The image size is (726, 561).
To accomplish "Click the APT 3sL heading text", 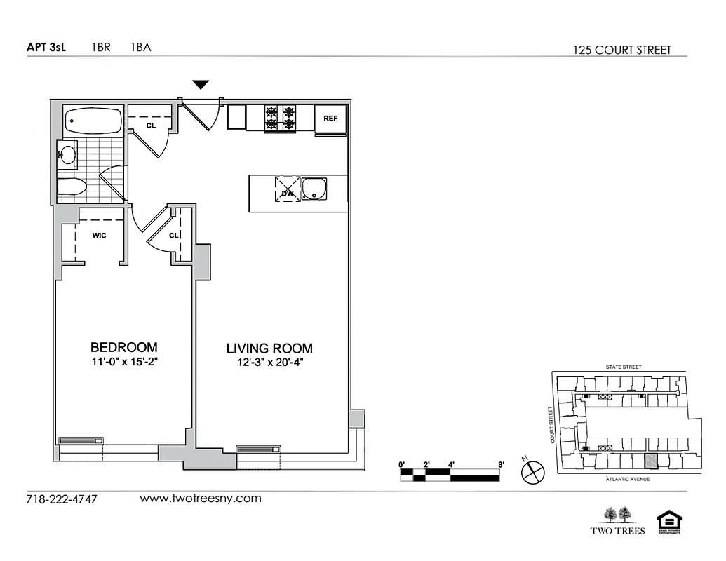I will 46,48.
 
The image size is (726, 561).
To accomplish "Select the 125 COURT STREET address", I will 621,50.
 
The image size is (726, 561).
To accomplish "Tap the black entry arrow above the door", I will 201,85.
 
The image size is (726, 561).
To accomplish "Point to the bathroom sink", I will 68,154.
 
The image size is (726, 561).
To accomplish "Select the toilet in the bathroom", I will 72,187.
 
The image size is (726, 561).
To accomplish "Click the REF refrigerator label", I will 330,119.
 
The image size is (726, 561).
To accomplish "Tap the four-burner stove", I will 279,118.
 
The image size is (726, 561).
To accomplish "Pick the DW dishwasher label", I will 287,192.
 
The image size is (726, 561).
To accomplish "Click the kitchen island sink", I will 314,189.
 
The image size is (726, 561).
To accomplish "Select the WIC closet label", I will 99,236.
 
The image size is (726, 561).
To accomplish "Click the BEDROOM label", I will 123,347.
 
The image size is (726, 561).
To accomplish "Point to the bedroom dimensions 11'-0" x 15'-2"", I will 123,363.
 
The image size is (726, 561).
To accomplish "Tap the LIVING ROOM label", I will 269,348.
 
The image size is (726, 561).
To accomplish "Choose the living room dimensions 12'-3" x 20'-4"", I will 269,363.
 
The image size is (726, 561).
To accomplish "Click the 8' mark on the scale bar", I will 501,464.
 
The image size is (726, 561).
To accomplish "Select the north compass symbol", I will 533,472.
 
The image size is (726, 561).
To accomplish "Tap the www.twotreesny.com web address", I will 201,499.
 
